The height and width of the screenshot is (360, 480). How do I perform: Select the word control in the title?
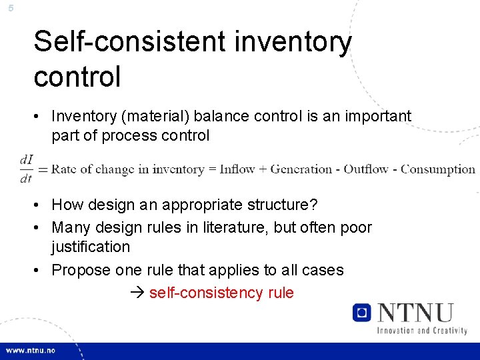(77, 76)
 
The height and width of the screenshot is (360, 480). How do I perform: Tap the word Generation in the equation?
(301, 169)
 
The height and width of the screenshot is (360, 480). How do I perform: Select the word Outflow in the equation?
(366, 169)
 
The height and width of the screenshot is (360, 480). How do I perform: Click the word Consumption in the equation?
(438, 169)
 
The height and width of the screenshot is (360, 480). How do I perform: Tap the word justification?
(91, 247)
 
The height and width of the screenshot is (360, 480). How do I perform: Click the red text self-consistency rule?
(221, 293)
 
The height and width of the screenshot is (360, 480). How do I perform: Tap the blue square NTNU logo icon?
(361, 313)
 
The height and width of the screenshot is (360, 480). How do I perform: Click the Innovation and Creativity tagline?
(422, 330)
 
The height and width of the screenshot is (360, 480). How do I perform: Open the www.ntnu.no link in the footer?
(31, 350)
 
